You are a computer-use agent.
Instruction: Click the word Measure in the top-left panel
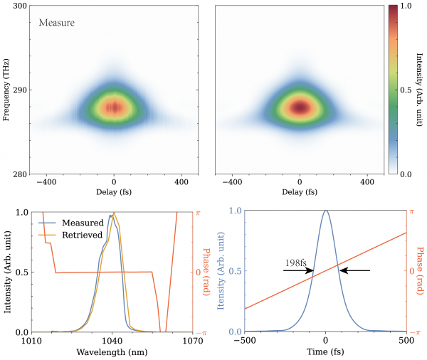pyautogui.click(x=56, y=23)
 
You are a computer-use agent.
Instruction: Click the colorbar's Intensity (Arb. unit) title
pyautogui.click(x=419, y=90)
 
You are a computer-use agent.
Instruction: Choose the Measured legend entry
pyautogui.click(x=83, y=223)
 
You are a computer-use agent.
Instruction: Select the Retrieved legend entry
pyautogui.click(x=83, y=235)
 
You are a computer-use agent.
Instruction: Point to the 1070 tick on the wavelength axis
pyautogui.click(x=193, y=340)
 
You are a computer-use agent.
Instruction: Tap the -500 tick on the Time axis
pyautogui.click(x=244, y=340)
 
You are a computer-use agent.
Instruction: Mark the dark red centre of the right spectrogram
pyautogui.click(x=300, y=107)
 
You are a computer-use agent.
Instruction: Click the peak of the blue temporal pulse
pyautogui.click(x=325, y=211)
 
